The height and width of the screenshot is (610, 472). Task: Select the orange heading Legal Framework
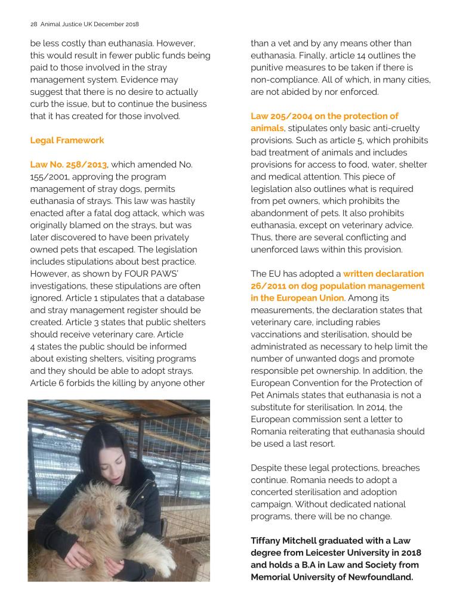(x=67, y=140)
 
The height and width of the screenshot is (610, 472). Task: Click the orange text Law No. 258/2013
(x=68, y=165)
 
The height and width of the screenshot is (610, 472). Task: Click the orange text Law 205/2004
(x=285, y=116)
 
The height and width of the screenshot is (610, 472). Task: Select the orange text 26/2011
(x=272, y=286)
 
